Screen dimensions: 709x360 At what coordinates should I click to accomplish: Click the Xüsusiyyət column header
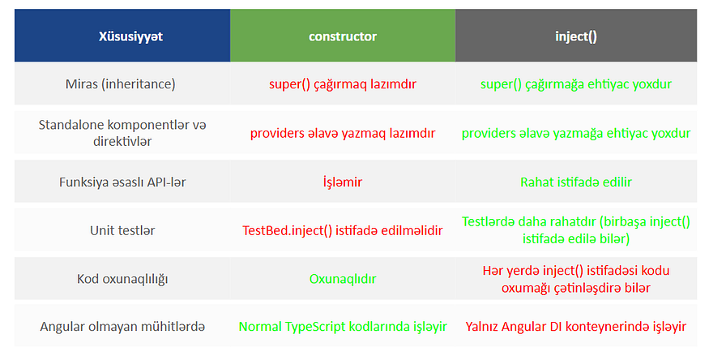(x=130, y=36)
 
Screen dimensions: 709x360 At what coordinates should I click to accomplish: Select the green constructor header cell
(x=343, y=36)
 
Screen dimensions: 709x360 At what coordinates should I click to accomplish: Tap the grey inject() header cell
(x=576, y=36)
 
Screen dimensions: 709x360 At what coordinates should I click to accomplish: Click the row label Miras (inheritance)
(x=120, y=84)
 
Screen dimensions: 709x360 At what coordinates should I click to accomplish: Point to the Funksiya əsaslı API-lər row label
(x=122, y=182)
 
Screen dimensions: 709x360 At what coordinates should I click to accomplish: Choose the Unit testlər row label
(x=122, y=230)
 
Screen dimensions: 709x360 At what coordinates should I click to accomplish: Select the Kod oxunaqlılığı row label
(x=122, y=279)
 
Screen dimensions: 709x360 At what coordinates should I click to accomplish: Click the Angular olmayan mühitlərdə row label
(x=122, y=327)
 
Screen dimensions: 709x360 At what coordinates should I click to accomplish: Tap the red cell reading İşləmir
(x=343, y=182)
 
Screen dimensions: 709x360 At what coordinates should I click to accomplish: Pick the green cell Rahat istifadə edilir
(x=576, y=182)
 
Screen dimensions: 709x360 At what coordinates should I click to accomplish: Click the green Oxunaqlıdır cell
(x=343, y=279)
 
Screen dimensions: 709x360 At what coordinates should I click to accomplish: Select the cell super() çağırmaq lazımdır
(x=343, y=84)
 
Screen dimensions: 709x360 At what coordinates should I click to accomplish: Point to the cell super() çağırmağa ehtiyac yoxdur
(x=576, y=84)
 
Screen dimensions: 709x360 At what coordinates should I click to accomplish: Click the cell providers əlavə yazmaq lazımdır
(x=343, y=133)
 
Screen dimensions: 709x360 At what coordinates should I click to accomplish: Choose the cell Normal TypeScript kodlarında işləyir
(x=343, y=327)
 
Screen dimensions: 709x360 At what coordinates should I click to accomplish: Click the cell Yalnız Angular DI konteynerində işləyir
(x=576, y=327)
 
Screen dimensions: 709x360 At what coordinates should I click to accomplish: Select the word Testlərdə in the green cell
(x=489, y=221)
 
